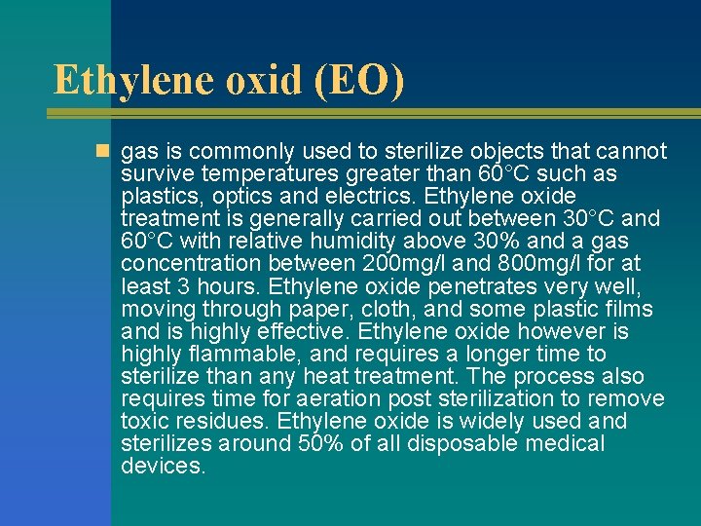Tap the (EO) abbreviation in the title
355,79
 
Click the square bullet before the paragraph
102,152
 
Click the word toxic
144,421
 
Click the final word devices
163,466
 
